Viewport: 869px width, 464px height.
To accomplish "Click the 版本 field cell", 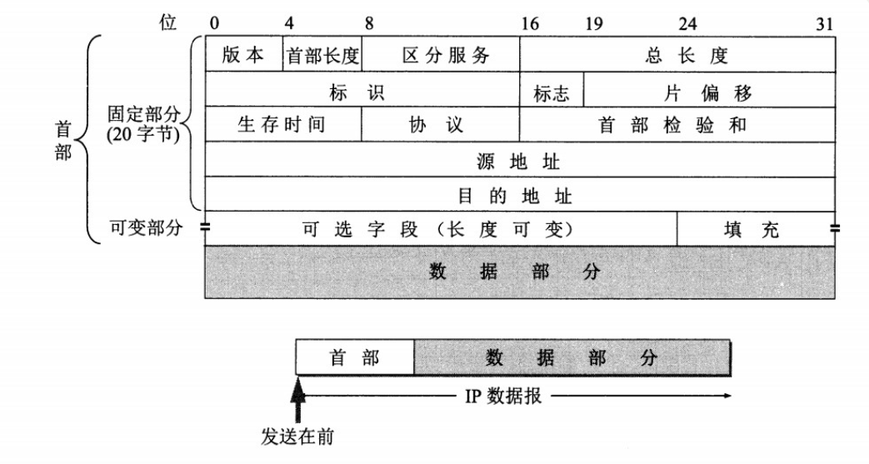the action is click(x=244, y=54).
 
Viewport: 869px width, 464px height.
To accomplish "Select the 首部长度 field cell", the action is click(x=322, y=54).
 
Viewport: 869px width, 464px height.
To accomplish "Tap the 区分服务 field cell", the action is click(x=441, y=54).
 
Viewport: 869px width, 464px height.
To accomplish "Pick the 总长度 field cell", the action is click(x=677, y=54).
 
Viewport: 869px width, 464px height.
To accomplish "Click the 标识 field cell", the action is click(x=362, y=89).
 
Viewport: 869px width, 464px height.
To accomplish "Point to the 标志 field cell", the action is click(x=552, y=89).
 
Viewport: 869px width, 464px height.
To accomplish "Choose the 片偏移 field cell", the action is click(x=709, y=89).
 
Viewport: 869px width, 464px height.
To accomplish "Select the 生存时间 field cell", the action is click(x=283, y=124).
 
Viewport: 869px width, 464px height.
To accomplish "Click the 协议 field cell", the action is click(x=441, y=124).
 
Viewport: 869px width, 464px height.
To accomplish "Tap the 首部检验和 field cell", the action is click(x=677, y=124).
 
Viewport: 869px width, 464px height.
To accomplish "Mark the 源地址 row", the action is click(x=521, y=159).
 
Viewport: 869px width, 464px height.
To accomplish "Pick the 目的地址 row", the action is click(x=521, y=194).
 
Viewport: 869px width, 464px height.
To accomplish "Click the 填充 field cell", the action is click(x=756, y=228).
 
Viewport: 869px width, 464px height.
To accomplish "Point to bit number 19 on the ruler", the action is click(x=593, y=24).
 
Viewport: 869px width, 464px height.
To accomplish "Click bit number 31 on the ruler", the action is click(x=825, y=24).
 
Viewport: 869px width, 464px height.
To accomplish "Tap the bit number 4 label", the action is click(x=289, y=24).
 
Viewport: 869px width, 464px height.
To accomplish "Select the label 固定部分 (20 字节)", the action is click(x=144, y=124).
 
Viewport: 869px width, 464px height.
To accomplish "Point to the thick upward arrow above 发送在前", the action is click(x=298, y=399).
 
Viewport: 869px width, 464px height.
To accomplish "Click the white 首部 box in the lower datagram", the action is click(x=355, y=357).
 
